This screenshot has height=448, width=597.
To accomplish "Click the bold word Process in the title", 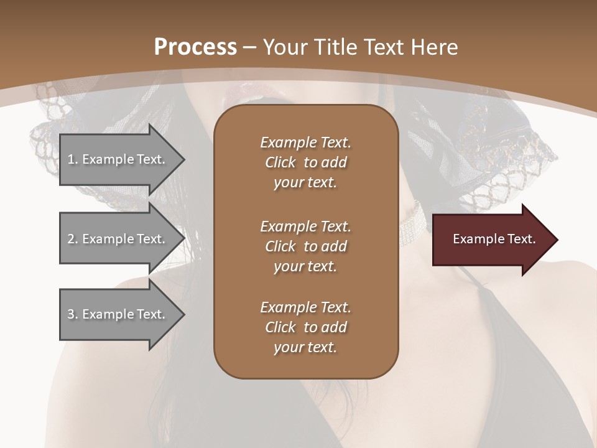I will (x=195, y=47).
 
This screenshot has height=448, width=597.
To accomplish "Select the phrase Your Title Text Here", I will (x=361, y=47).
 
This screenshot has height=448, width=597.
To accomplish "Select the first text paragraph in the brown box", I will (x=305, y=162).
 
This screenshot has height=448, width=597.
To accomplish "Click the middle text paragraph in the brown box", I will (x=305, y=246).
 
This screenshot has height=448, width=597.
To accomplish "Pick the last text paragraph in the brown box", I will (x=305, y=327).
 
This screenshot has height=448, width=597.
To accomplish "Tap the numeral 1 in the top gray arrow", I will (x=71, y=159).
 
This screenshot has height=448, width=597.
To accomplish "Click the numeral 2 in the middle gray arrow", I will (x=71, y=239).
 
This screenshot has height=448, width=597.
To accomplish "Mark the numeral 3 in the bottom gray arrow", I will (x=71, y=314).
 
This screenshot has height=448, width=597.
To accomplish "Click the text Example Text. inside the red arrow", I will (x=494, y=239).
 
